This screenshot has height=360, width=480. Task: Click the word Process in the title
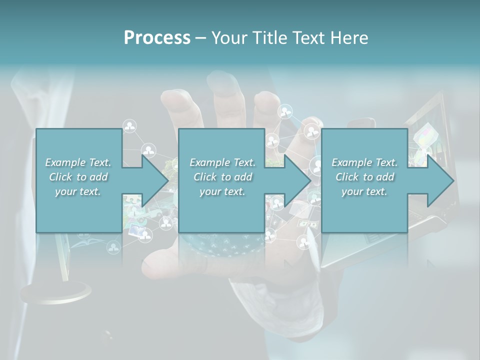coord(157,38)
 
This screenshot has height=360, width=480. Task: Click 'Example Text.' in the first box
coord(78,162)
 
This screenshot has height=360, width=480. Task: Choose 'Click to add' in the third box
coord(364,177)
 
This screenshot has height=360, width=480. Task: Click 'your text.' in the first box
coord(78,191)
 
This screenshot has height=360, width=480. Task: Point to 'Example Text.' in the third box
coord(364,162)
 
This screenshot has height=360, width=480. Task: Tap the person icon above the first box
coord(130,126)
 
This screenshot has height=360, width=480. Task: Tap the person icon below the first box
coord(113,246)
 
